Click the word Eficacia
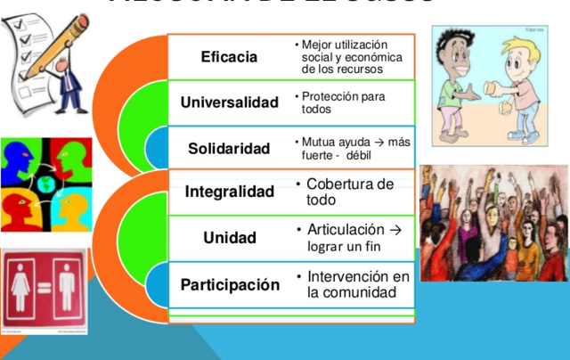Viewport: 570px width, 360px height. point(229,57)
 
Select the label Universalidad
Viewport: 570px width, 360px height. point(229,102)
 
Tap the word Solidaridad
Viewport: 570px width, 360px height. point(229,148)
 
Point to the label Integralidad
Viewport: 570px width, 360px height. point(229,192)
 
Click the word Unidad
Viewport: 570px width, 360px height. point(229,238)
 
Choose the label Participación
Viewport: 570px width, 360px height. point(230,285)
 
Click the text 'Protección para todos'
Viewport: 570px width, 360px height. point(343,102)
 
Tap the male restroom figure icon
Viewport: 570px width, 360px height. point(66,290)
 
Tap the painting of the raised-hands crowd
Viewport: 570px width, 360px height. point(493,223)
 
